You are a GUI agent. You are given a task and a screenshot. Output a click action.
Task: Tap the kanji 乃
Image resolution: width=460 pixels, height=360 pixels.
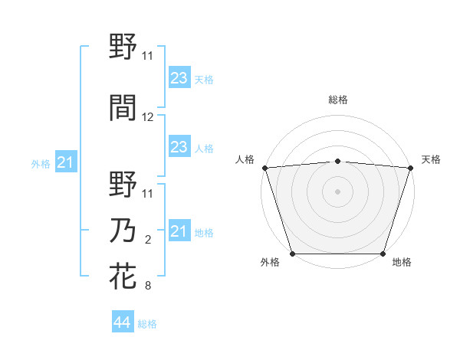point(123,232)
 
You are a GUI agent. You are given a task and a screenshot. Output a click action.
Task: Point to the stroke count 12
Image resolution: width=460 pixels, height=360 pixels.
point(148,117)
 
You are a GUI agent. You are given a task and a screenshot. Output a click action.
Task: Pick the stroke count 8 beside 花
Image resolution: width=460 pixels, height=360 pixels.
point(148,286)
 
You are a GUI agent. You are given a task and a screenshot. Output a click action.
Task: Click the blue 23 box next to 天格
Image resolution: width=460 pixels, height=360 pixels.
point(179,78)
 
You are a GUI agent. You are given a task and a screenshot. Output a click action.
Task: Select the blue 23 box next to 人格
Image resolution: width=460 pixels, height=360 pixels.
point(179,147)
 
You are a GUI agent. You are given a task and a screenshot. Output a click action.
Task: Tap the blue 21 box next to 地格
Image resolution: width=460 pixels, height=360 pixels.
point(179,231)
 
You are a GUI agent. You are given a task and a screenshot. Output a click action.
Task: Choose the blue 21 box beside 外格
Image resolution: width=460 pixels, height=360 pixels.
point(66,162)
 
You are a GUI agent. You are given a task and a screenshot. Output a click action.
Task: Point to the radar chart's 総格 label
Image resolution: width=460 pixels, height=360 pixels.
point(338,100)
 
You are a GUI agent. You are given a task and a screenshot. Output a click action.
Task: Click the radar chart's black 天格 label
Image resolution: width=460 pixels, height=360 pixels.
point(431,159)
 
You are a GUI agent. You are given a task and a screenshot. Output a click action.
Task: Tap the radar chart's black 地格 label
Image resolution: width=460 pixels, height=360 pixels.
point(402,263)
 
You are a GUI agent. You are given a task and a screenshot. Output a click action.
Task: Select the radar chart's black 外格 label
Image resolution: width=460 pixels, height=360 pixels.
point(270,263)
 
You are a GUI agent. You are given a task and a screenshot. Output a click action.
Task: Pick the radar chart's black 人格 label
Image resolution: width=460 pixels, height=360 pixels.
point(245,159)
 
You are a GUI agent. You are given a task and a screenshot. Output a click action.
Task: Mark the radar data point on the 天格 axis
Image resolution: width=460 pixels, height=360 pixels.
point(411,168)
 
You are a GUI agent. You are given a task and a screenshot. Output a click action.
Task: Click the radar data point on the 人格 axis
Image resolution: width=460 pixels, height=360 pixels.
point(264,168)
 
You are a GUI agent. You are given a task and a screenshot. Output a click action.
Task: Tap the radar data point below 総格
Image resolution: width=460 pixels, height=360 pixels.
point(338,161)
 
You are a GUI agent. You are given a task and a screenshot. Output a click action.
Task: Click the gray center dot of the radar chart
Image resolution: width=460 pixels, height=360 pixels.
point(338,191)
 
